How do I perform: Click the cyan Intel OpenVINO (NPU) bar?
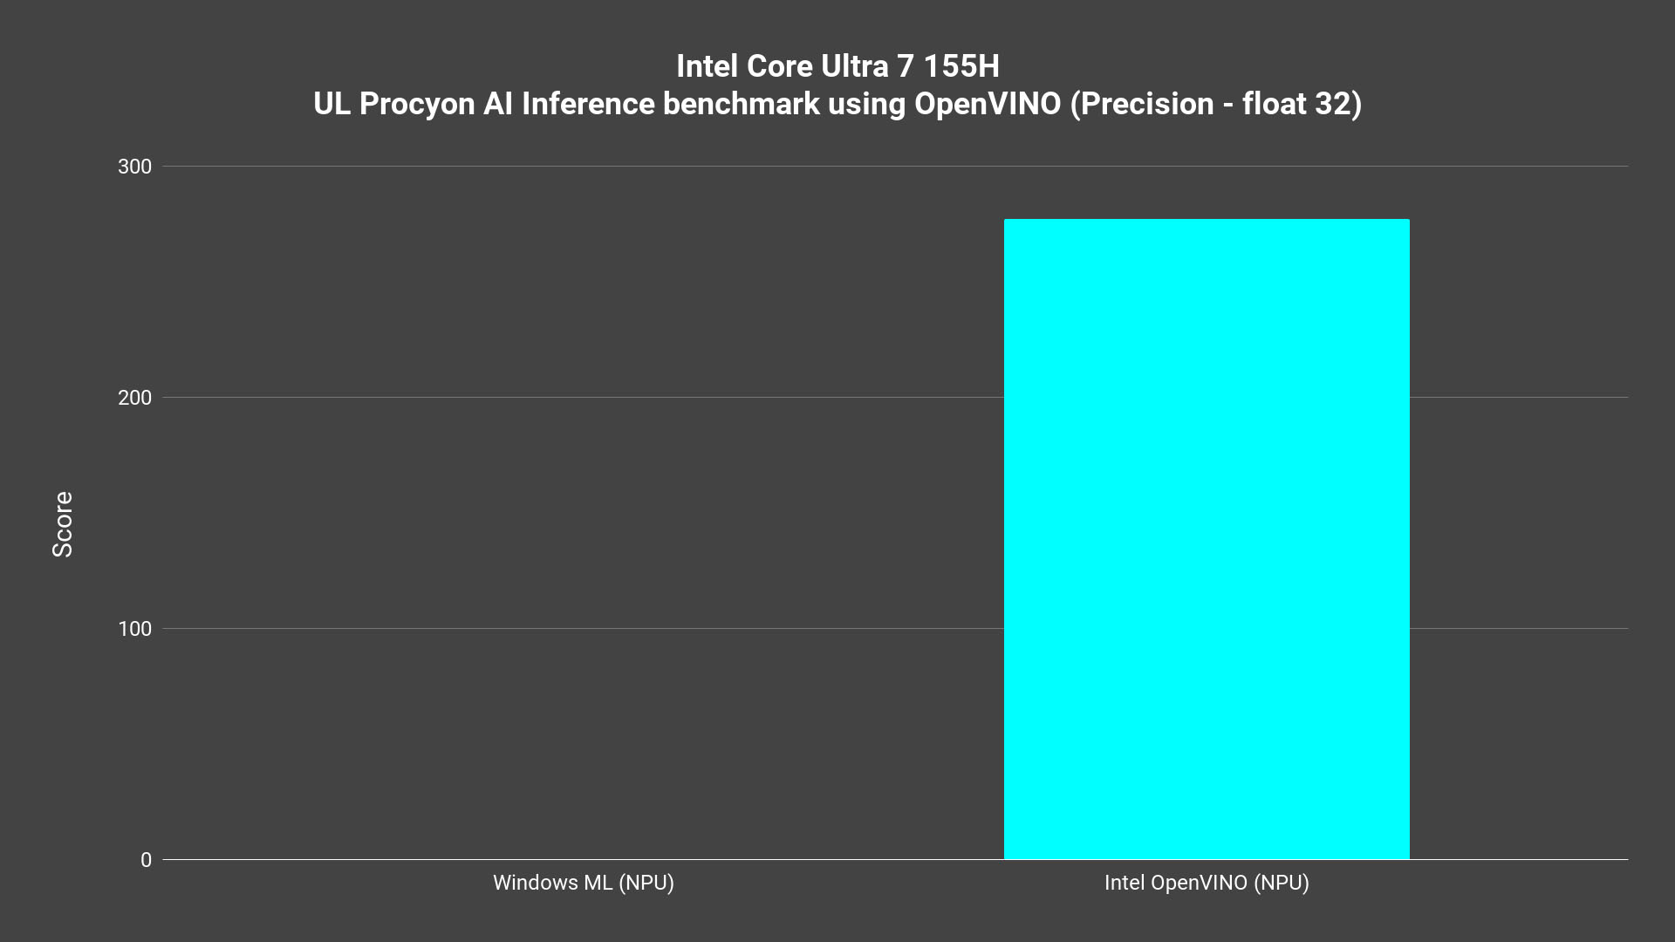click(1207, 539)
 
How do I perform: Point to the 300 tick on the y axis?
click(134, 167)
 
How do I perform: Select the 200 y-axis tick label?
click(134, 398)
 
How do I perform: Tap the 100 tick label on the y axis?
click(134, 629)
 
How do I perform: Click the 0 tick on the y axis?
click(146, 860)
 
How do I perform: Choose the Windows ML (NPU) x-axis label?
click(584, 883)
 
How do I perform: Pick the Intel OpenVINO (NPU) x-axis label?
click(1207, 883)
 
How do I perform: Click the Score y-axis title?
click(63, 524)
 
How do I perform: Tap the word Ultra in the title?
click(859, 66)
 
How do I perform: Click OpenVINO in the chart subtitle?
click(988, 104)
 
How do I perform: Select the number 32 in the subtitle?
click(1334, 104)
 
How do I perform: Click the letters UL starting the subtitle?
click(332, 104)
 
